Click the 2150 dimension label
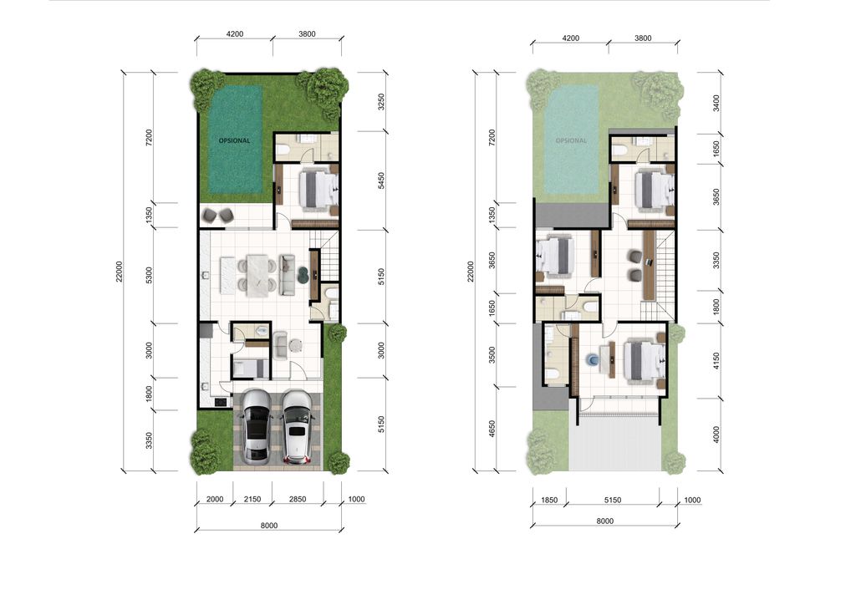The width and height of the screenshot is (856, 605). [252, 499]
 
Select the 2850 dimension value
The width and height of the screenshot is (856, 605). [298, 499]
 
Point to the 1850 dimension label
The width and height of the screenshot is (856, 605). [549, 500]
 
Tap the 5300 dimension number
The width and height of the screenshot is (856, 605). [149, 276]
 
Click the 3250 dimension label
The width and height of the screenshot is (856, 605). [381, 102]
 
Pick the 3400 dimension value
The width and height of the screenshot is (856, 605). [716, 103]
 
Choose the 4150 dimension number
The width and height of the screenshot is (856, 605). [716, 361]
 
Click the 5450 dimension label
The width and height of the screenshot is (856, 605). [381, 180]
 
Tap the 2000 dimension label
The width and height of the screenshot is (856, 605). [215, 499]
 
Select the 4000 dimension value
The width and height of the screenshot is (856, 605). [716, 435]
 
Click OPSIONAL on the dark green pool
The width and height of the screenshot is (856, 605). [234, 140]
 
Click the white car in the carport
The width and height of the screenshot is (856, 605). [297, 427]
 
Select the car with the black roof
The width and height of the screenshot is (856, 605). [257, 427]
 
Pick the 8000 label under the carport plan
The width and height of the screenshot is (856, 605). [269, 526]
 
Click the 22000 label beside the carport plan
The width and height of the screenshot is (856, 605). [119, 272]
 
